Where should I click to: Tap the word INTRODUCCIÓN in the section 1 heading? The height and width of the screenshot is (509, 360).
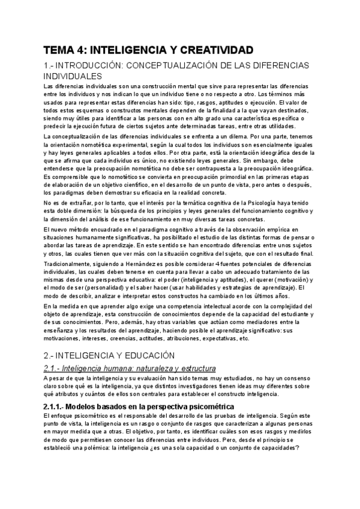click(95, 65)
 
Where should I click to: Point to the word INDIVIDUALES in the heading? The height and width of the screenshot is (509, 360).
click(73, 76)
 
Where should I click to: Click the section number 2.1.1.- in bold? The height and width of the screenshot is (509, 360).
click(58, 407)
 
